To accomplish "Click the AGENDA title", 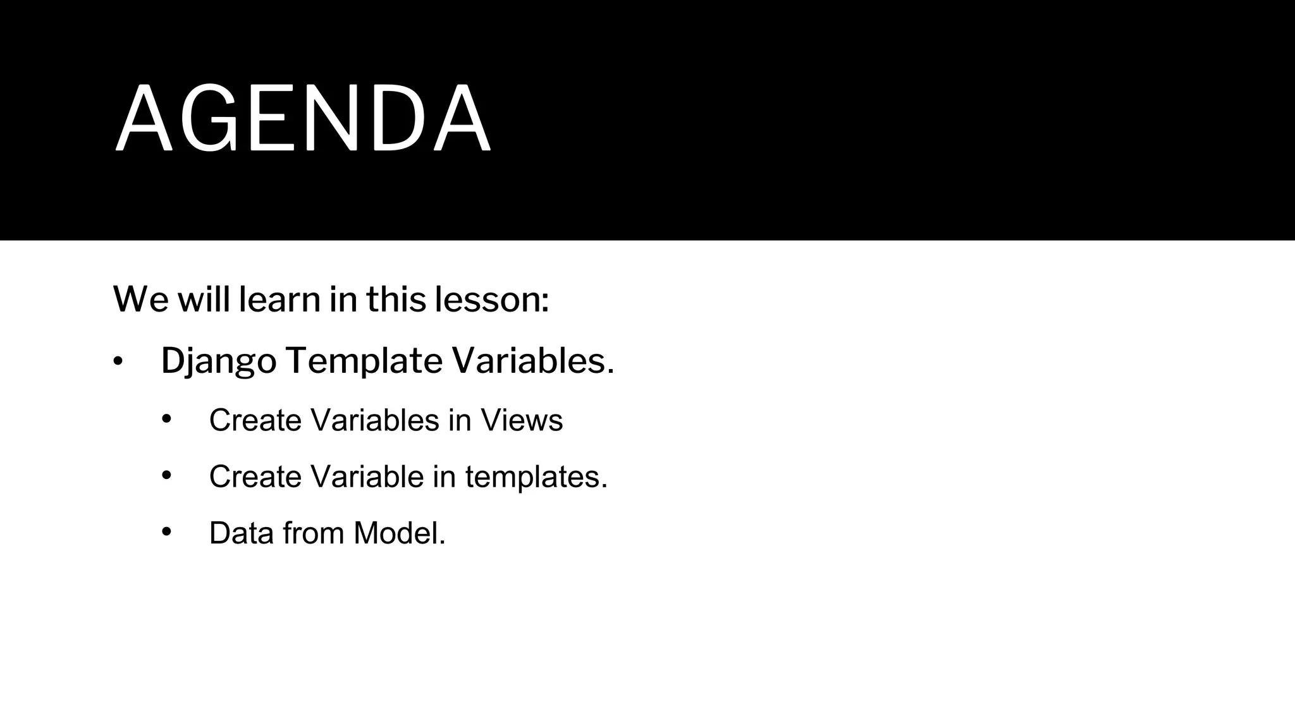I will coord(302,119).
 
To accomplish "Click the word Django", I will coord(219,361).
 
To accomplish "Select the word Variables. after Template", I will coord(532,361).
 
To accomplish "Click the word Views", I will coord(522,420).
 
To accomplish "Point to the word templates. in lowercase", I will coord(536,477).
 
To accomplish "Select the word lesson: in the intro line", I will coord(491,300).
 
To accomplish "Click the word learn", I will coord(279,300).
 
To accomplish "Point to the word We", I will coord(140,300).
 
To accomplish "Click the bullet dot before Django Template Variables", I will coord(118,362).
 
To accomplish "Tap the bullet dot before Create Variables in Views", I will coord(166,419).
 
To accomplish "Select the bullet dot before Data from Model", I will coord(166,531).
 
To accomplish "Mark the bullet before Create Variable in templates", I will coord(166,475).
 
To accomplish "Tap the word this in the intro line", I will coord(396,300).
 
